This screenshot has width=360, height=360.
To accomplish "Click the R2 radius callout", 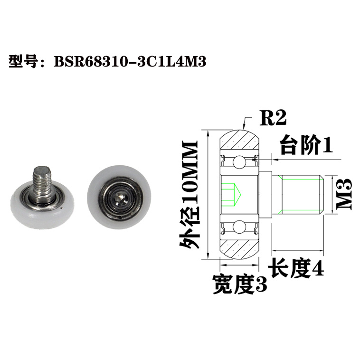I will [x=273, y=117].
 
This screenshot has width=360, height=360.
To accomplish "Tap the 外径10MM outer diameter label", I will [x=188, y=195].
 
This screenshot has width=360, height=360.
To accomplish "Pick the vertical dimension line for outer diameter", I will [x=208, y=195].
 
